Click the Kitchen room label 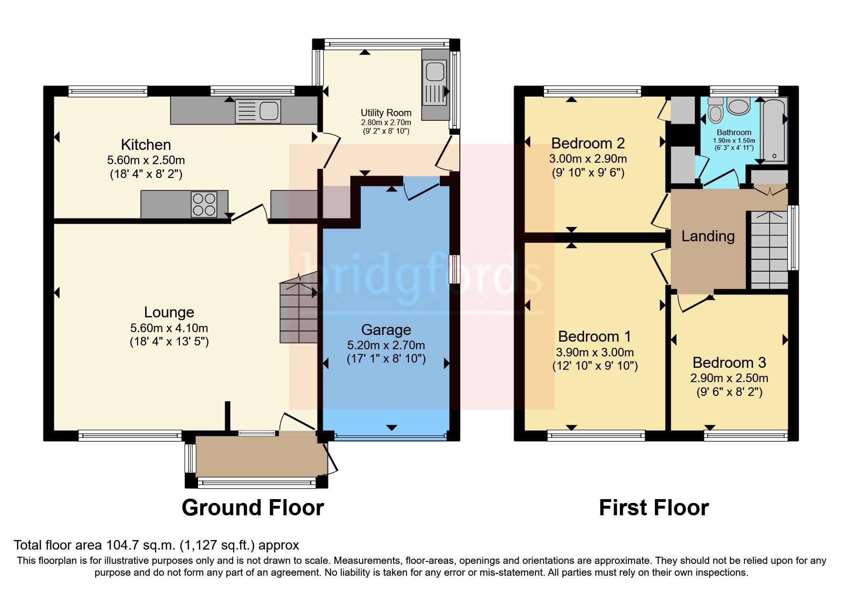[x=146, y=145]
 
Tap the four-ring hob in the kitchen [x=204, y=204]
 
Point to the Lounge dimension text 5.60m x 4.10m [x=169, y=328]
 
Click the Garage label [x=386, y=330]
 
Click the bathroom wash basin [x=738, y=106]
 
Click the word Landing [x=708, y=236]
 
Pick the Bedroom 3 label [x=729, y=363]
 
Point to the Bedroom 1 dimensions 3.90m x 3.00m [x=595, y=353]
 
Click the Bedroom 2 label [x=588, y=143]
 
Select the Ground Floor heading [x=253, y=508]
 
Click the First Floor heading [x=654, y=508]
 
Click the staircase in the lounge [x=298, y=312]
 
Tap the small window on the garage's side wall [x=456, y=269]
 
